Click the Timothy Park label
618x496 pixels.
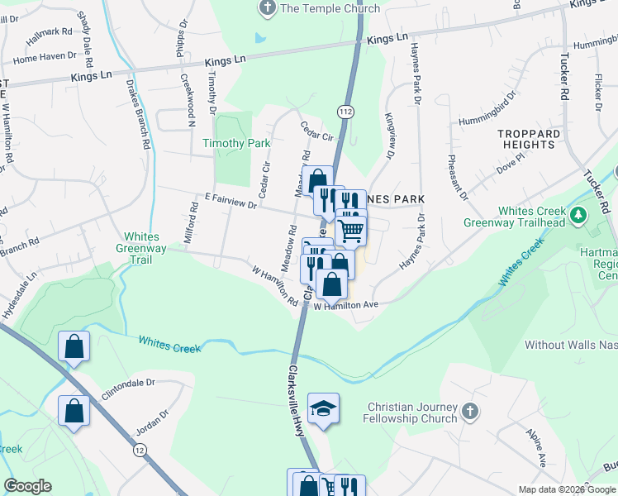click(237, 143)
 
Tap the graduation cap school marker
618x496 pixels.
click(323, 408)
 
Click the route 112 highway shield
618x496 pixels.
click(345, 109)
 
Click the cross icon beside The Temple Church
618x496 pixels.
click(267, 8)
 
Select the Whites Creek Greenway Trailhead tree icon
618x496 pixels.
click(579, 216)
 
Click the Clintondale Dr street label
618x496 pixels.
click(128, 383)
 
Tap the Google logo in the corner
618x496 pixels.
click(27, 486)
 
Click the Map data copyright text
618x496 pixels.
click(568, 489)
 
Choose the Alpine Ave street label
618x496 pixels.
click(543, 451)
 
